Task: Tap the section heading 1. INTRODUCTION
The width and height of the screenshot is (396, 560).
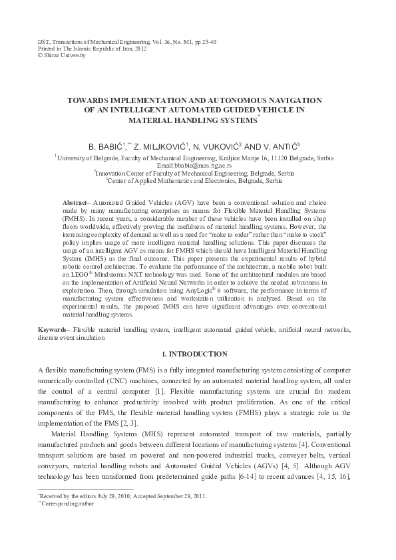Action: tap(197, 354)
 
